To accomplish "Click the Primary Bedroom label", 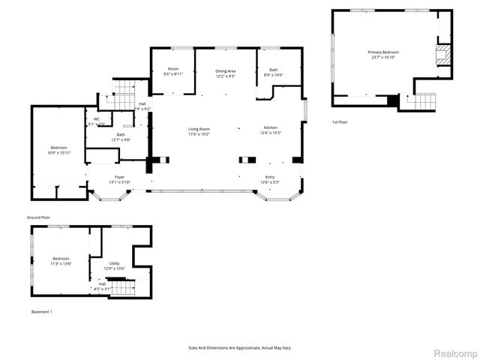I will point(382,52).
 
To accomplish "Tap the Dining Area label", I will point(226,70).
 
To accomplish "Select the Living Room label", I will point(199,129).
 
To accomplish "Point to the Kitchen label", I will point(270,127).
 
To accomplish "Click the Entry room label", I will point(270,177).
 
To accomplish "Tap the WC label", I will point(97,119).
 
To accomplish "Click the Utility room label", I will point(115,263).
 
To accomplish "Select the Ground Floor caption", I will point(39,217).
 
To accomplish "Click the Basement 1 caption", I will point(42,311).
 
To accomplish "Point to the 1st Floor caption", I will point(340,121).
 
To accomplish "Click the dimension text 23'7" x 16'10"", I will point(382,57).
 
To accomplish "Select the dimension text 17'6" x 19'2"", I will point(199,134).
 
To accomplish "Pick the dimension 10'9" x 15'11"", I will point(59,153).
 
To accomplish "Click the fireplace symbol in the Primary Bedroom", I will point(442,53).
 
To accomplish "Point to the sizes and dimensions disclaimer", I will point(240,348).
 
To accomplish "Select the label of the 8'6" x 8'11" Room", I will point(173,70).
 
